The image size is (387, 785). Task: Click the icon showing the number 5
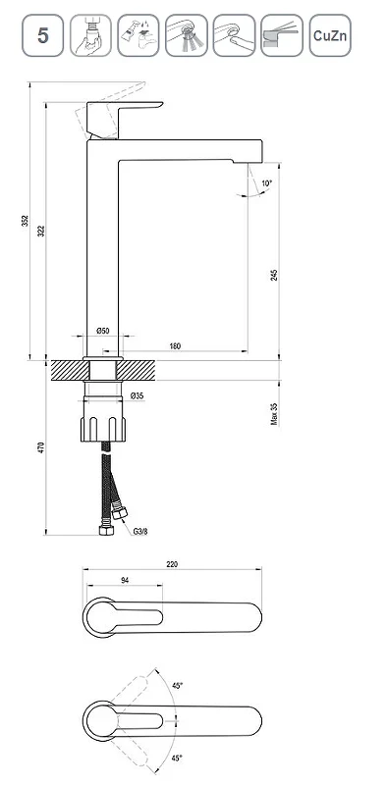(42, 35)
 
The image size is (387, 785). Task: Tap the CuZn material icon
(330, 35)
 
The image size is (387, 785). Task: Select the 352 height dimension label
(26, 221)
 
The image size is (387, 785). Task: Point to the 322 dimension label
(41, 231)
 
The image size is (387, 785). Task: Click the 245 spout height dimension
(274, 275)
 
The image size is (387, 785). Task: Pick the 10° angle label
(267, 183)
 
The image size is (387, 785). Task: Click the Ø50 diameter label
(103, 331)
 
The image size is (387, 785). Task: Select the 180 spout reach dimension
(175, 346)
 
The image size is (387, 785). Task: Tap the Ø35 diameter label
(137, 395)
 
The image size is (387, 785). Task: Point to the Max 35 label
(274, 413)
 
